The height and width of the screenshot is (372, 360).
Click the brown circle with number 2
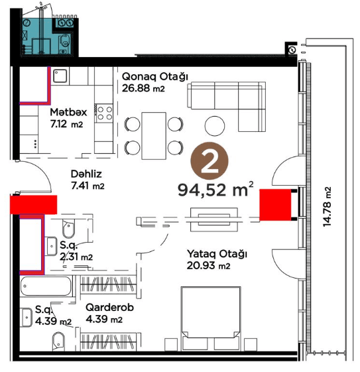coord(209,161)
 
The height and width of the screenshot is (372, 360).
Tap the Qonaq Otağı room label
coord(155,77)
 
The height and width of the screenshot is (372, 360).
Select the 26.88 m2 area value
coord(143,88)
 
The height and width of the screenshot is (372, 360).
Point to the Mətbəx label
coord(68,112)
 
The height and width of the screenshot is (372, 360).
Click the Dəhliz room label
coord(86,174)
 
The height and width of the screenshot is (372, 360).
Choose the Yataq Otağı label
coord(217,254)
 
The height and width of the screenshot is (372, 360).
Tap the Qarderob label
coord(109,308)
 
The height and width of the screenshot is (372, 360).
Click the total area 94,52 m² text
coord(215,190)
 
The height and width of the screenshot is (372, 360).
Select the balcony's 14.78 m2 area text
coord(327,207)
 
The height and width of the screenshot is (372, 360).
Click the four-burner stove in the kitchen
coord(103,113)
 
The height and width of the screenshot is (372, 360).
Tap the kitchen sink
coord(60,76)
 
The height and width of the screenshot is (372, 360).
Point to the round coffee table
coord(215,126)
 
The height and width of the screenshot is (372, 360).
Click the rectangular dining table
coord(154,136)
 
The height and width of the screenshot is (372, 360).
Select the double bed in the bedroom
coord(211,318)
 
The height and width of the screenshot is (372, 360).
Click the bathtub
coord(46,286)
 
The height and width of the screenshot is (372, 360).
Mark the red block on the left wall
coord(33,204)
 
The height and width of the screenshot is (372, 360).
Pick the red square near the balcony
coord(275,205)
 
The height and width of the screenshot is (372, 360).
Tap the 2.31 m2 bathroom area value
coord(76,257)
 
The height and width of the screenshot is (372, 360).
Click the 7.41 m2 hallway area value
coord(88,186)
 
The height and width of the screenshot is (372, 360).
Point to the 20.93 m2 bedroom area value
coord(208,265)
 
